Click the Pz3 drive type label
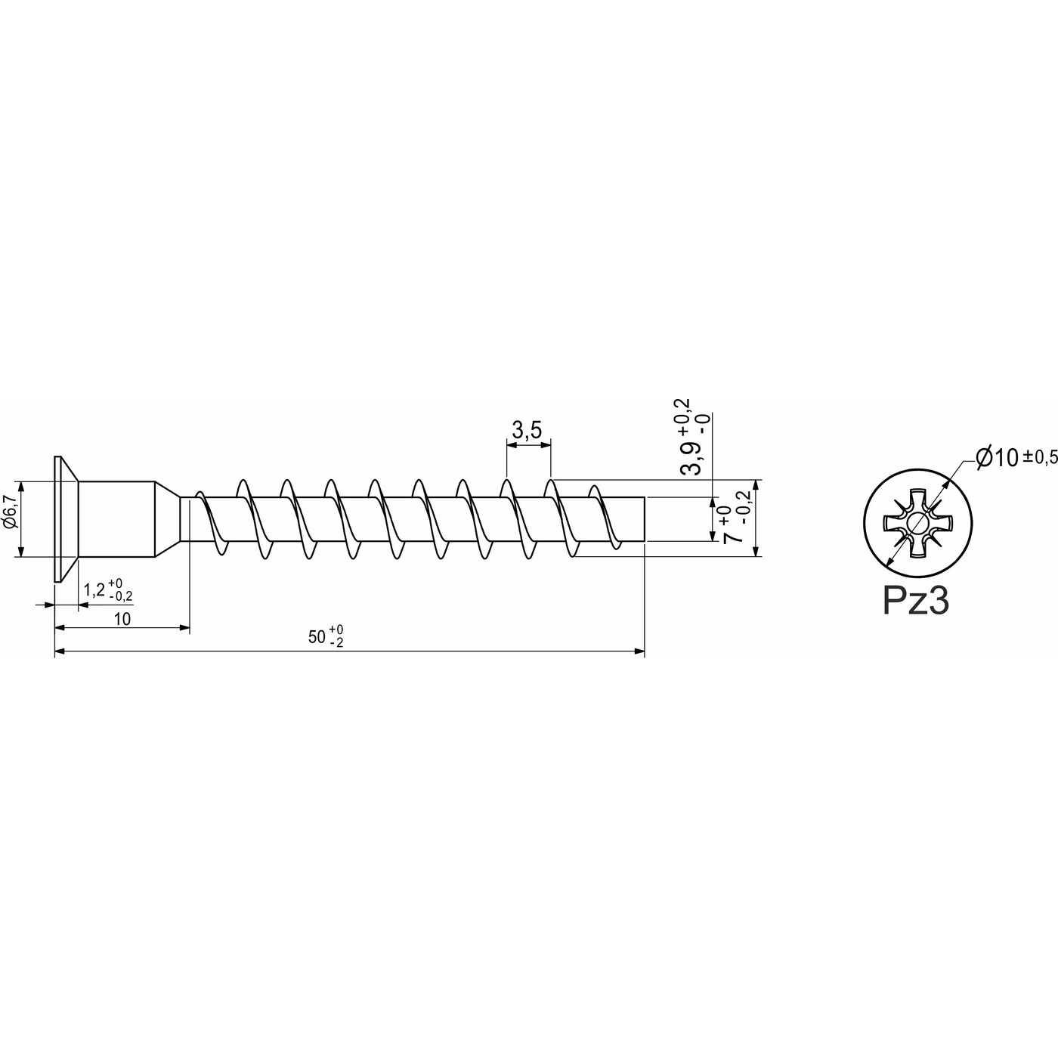[x=916, y=602]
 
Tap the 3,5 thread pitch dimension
[x=527, y=431]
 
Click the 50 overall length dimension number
[x=317, y=636]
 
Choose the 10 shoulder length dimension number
[x=122, y=619]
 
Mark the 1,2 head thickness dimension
[x=94, y=590]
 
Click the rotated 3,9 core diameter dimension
[x=690, y=457]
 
